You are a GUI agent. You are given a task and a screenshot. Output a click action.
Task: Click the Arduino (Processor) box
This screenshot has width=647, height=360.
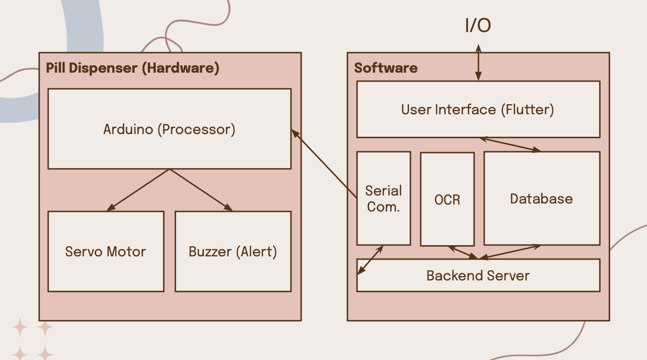pyautogui.click(x=169, y=129)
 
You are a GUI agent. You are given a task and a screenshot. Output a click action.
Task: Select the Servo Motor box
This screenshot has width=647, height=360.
pyautogui.click(x=106, y=251)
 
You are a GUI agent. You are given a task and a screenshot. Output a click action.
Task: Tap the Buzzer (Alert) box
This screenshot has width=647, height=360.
pyautogui.click(x=233, y=251)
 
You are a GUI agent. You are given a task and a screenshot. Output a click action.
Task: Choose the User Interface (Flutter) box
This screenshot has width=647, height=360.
pyautogui.click(x=478, y=109)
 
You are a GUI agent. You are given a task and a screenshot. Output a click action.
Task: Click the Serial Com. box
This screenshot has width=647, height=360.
pyautogui.click(x=383, y=198)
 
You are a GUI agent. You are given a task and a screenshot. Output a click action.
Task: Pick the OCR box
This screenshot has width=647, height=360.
pyautogui.click(x=447, y=199)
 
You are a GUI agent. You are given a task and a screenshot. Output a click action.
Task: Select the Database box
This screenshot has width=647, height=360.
pyautogui.click(x=541, y=199)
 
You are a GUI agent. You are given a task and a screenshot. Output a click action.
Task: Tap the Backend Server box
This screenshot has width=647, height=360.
pyautogui.click(x=478, y=276)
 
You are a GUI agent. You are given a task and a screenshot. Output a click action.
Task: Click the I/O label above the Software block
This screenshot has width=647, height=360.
pyautogui.click(x=478, y=26)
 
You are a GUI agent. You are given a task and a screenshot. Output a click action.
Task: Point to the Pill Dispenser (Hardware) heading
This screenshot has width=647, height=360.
pyautogui.click(x=132, y=68)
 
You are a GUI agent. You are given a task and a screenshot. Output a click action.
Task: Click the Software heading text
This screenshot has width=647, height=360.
pyautogui.click(x=386, y=68)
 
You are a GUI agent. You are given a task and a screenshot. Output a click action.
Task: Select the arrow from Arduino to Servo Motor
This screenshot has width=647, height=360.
pyautogui.click(x=138, y=190)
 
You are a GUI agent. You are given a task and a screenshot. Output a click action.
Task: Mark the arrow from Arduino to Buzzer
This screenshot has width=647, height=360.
pyautogui.click(x=201, y=190)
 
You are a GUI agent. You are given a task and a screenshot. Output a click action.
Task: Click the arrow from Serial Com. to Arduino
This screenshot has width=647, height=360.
pyautogui.click(x=324, y=163)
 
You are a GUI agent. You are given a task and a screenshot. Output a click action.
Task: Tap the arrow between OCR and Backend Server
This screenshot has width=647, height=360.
pyautogui.click(x=463, y=253)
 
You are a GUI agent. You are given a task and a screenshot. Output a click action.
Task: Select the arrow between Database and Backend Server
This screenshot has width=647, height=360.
pyautogui.click(x=510, y=253)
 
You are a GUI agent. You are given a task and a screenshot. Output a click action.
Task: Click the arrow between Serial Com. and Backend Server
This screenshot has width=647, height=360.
pyautogui.click(x=370, y=260)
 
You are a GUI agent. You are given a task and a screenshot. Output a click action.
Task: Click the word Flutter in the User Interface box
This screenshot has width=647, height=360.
pyautogui.click(x=527, y=109)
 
